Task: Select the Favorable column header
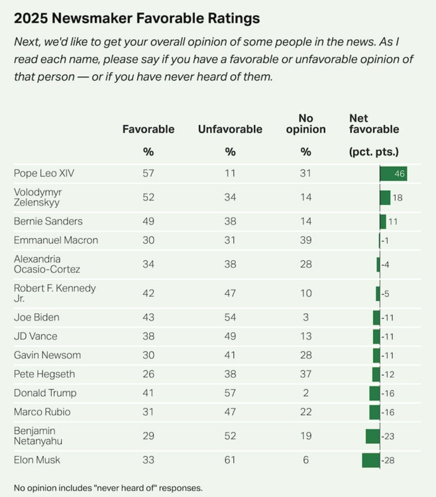[148, 129]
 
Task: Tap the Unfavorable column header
[230, 129]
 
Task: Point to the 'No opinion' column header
[305, 124]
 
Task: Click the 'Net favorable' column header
[374, 124]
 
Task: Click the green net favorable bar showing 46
[393, 174]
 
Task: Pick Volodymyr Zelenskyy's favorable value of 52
[148, 197]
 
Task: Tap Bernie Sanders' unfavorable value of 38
[230, 221]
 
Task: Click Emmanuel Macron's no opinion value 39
[305, 241]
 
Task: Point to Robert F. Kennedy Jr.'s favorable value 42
[148, 294]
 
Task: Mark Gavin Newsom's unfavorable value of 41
[230, 355]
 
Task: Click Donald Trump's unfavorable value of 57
[230, 393]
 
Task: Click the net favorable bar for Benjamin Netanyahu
[372, 436]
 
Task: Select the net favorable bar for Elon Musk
[370, 460]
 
